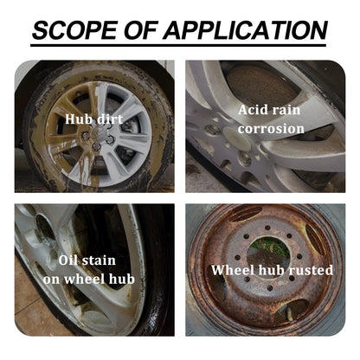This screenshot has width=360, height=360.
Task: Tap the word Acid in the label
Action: (254, 110)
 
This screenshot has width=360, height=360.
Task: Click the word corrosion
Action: (273, 129)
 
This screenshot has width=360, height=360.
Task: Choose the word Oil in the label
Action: (71, 260)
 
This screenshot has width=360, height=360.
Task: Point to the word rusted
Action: (306, 270)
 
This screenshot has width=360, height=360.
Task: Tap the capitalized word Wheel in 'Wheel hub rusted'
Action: (233, 270)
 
